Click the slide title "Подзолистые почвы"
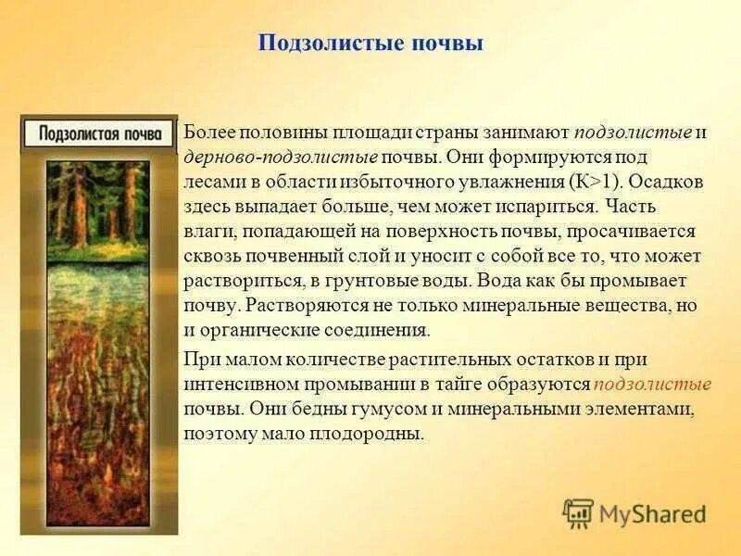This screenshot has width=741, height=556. (x=370, y=44)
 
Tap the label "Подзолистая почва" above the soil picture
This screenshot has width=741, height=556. (x=100, y=133)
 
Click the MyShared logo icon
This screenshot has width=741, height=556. (x=579, y=512)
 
